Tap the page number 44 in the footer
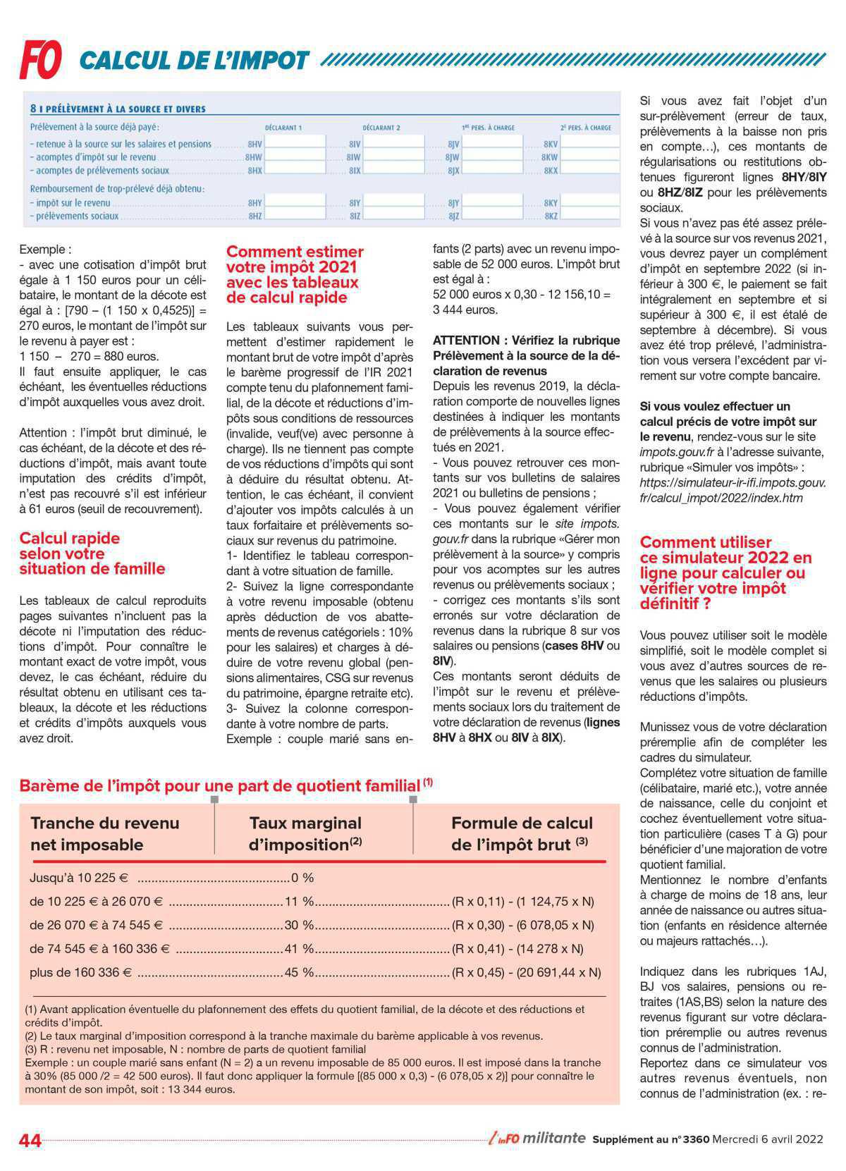30,1140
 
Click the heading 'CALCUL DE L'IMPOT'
194,61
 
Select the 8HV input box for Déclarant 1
295,143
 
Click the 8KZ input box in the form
591,216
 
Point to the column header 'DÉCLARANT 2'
381,128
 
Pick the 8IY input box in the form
394,203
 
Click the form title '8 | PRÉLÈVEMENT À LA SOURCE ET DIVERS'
118,109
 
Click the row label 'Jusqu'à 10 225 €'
79,878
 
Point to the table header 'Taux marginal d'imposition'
305,833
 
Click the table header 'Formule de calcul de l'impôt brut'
521,833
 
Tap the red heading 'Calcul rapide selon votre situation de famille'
92,553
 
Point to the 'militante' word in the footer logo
554,1138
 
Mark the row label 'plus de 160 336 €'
80,973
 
